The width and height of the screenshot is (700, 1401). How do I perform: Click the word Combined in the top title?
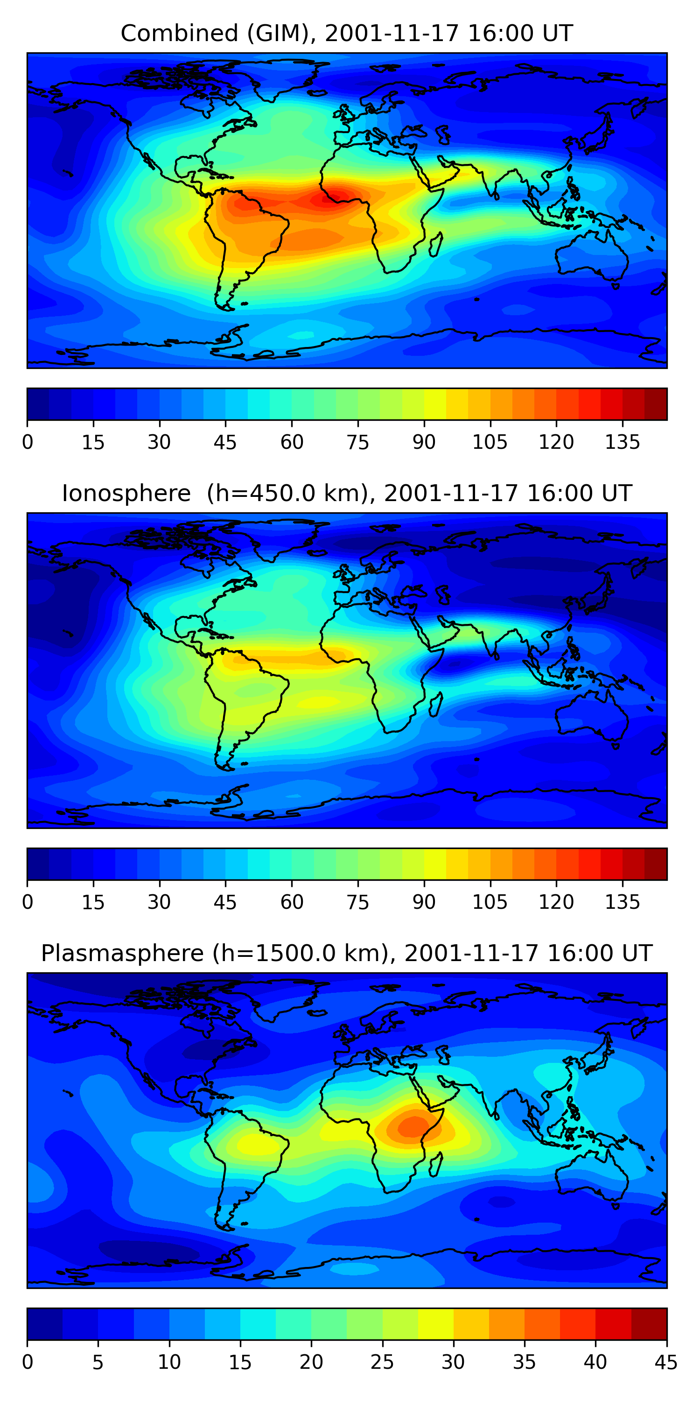[x=179, y=34]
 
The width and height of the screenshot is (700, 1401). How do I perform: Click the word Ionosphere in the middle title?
[x=126, y=494]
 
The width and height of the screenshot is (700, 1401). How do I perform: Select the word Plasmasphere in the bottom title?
[x=122, y=954]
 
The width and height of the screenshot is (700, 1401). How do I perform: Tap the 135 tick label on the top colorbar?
[x=622, y=443]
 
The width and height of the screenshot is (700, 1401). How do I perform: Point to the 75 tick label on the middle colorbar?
[x=357, y=902]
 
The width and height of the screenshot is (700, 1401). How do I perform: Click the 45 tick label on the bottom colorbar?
[x=666, y=1362]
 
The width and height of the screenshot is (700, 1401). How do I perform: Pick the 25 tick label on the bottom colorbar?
[x=382, y=1362]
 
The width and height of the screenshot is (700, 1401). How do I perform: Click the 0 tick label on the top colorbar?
[x=28, y=443]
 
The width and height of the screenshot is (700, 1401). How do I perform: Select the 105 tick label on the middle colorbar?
[x=490, y=902]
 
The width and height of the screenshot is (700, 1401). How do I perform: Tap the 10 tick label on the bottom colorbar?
[x=169, y=1362]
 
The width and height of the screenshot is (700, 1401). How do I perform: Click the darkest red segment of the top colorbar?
[x=656, y=404]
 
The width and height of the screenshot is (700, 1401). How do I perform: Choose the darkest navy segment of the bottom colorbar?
[x=44, y=1324]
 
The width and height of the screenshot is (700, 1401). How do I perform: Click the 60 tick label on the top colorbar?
[x=292, y=443]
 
